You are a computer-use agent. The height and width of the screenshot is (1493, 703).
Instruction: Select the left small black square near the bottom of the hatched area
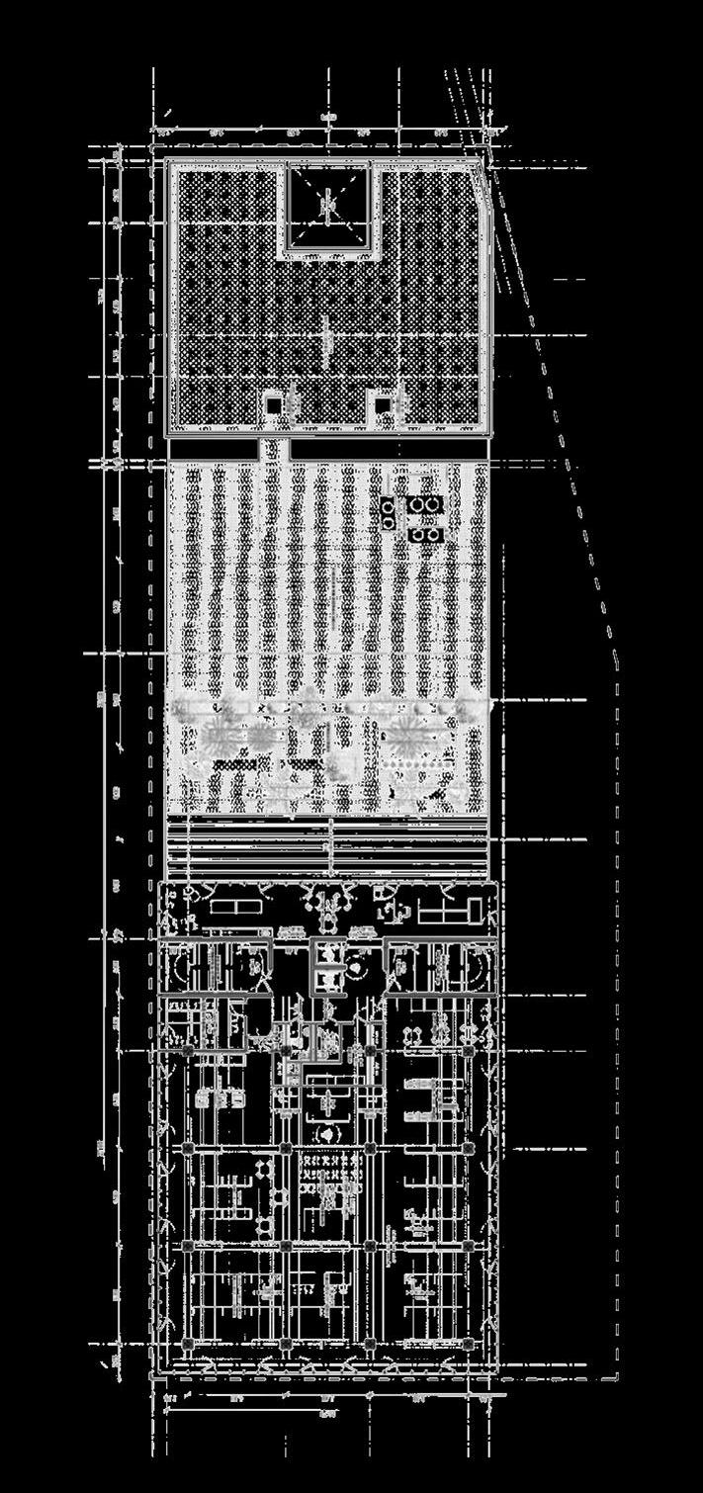(272, 403)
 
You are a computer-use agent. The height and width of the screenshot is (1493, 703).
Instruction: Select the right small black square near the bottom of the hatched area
(382, 403)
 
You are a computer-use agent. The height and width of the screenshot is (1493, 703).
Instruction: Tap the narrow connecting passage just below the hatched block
(275, 450)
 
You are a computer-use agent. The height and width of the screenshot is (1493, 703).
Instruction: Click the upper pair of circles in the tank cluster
(426, 505)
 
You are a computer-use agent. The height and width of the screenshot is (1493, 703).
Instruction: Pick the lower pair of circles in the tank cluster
(426, 535)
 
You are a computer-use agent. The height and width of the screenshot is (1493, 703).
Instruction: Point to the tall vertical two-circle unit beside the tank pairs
(387, 513)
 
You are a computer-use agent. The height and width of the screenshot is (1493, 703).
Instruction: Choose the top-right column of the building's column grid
(466, 1049)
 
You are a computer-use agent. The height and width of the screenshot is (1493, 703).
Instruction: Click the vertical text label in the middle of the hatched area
(326, 336)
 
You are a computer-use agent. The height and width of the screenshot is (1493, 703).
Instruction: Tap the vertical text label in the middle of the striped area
(334, 593)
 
